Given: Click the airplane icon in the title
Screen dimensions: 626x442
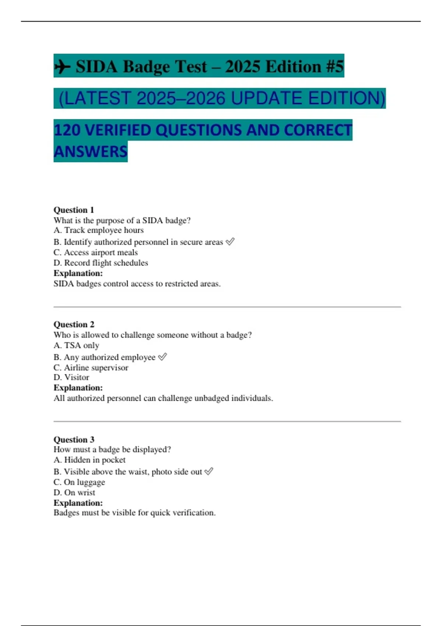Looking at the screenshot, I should coord(63,67).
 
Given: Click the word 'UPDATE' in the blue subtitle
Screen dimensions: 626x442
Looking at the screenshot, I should coord(267,98).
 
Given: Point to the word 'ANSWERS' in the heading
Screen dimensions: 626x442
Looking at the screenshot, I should coord(91,151).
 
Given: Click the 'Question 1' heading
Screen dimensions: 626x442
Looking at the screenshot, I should coord(74,210).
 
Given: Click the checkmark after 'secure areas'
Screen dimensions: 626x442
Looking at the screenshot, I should coord(230,242).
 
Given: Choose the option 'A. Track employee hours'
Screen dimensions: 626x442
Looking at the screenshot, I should coord(98,230).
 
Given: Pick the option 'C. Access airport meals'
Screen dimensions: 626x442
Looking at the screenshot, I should coord(95,252).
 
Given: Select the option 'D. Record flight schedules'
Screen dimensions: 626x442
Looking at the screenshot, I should coord(101,263).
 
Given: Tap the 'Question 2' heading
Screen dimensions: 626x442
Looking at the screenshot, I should coord(74,324).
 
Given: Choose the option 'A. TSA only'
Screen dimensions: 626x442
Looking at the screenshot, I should coord(76,345).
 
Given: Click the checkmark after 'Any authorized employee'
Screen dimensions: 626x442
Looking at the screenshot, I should coord(162,357).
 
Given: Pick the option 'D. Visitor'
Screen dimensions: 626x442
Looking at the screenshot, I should coord(71,377).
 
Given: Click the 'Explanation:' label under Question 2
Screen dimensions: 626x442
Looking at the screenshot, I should coord(78,388).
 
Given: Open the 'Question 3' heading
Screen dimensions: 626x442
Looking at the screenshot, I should coord(74,439).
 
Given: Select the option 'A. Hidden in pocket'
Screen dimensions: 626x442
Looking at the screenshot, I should coord(90,460).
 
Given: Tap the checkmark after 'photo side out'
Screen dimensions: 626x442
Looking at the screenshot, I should coord(209,471).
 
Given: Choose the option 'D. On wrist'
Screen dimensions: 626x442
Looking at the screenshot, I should coord(74,492).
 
